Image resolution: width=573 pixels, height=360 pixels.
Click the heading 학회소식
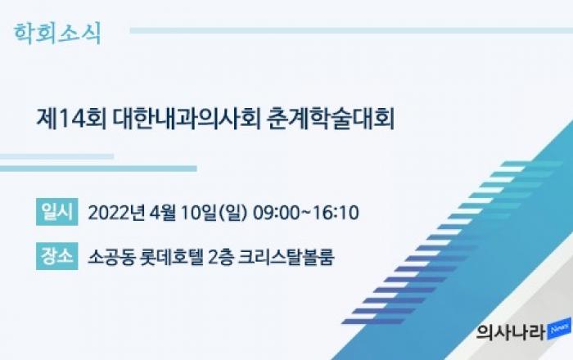[57, 34]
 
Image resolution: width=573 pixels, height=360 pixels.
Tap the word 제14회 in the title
[71, 119]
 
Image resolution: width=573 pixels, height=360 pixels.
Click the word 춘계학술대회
[331, 119]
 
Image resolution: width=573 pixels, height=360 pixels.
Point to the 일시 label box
[57, 212]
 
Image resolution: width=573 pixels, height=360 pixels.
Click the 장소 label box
[57, 256]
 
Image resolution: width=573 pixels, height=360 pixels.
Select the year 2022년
[116, 213]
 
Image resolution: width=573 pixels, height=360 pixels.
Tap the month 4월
[163, 213]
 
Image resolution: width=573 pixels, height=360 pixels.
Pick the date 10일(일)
[214, 213]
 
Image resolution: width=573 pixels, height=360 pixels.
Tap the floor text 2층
[220, 257]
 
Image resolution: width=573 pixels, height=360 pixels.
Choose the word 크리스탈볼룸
[286, 257]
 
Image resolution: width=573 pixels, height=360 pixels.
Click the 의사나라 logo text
[511, 333]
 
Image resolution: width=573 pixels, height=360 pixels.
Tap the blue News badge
[559, 329]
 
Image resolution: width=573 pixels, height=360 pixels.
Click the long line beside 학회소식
[351, 30]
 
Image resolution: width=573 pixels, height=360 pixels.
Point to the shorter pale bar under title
[56, 156]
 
